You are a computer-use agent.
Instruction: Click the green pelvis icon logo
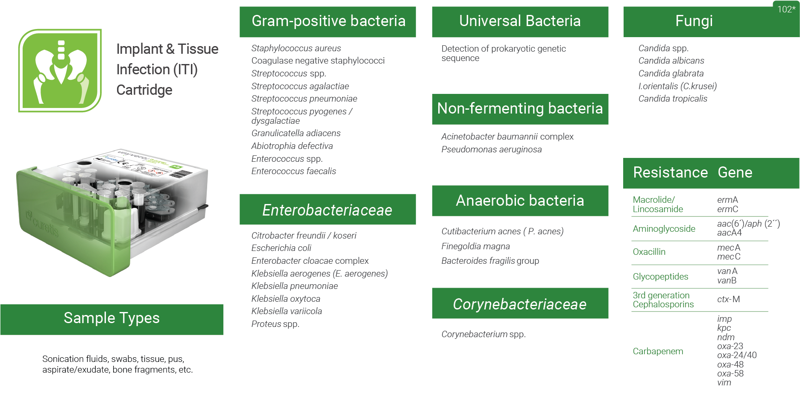pos(60,70)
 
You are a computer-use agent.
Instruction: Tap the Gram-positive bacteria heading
pos(328,21)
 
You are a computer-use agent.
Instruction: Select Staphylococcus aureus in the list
pos(296,48)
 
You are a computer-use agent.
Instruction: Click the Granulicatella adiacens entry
pos(296,133)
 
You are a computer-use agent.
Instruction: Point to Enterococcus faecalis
pos(293,171)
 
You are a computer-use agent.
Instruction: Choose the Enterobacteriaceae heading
pos(327,210)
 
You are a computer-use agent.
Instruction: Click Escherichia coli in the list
pos(281,248)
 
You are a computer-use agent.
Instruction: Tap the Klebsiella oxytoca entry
pos(286,299)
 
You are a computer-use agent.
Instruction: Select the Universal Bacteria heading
pos(520,21)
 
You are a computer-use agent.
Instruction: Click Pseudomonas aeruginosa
pos(491,149)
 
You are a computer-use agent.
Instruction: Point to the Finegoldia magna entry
pos(475,246)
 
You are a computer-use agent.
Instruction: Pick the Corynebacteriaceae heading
pos(519,304)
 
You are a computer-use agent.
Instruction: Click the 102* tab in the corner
pos(786,9)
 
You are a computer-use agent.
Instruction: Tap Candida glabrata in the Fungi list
pos(671,73)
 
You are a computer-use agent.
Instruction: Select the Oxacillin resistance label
pos(649,252)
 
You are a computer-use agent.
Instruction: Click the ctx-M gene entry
pos(728,299)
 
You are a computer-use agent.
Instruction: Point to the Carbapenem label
pos(658,351)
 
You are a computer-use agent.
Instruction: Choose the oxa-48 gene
pos(730,364)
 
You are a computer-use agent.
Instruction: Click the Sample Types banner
pos(111,318)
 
